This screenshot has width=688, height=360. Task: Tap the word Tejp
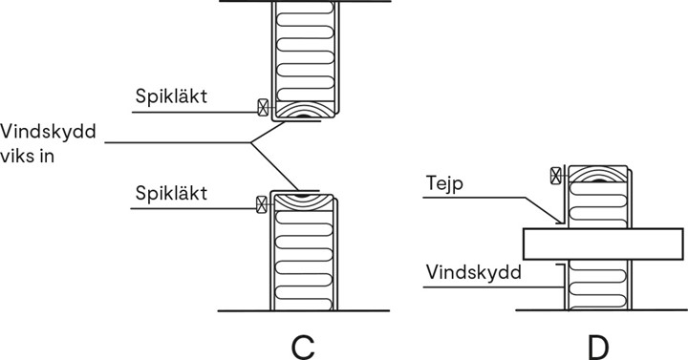pyautogui.click(x=445, y=182)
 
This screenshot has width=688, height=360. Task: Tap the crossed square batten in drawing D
pyautogui.click(x=556, y=174)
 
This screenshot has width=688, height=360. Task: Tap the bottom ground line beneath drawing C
pyautogui.click(x=304, y=310)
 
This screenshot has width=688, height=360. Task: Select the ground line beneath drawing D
pyautogui.click(x=602, y=309)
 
